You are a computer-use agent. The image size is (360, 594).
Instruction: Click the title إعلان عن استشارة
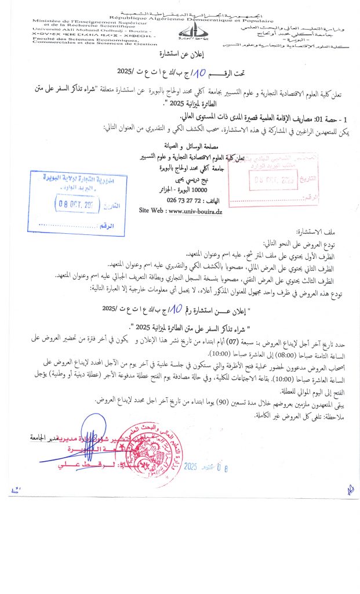pyautogui.click(x=180, y=55)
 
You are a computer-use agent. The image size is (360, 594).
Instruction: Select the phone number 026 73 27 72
pyautogui.click(x=171, y=202)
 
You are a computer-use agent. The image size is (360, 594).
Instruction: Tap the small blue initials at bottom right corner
pyautogui.click(x=350, y=490)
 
